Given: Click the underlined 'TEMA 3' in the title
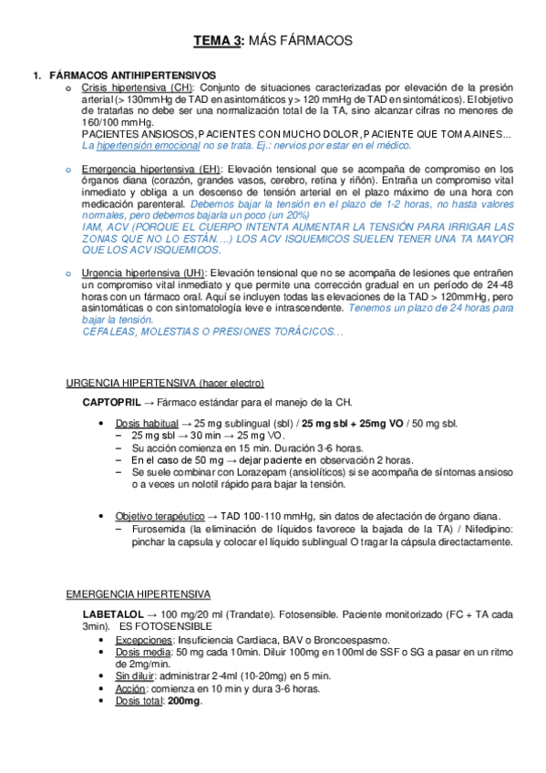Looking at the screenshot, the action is (218, 41).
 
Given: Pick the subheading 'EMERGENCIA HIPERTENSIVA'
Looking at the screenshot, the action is (139, 593).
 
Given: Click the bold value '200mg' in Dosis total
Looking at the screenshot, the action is (186, 700).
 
